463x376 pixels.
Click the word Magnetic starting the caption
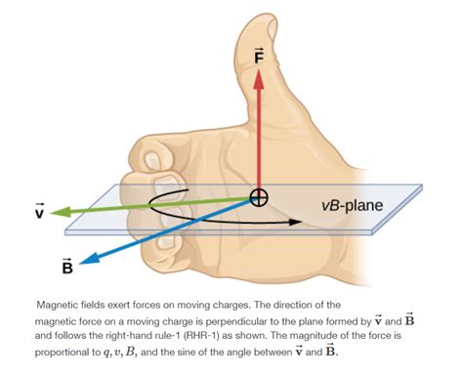coord(59,304)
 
